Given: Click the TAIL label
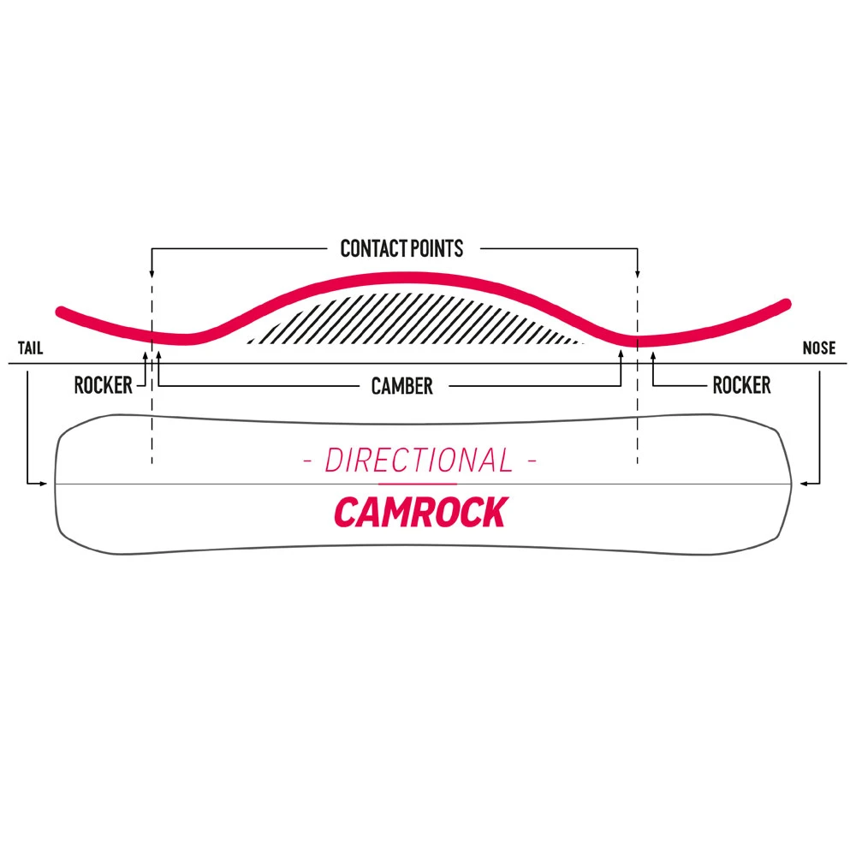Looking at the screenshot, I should point(29,349).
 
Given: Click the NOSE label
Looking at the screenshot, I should point(819,349).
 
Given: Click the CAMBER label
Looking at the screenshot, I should point(401,386).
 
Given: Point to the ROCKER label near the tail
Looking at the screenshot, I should point(103,385).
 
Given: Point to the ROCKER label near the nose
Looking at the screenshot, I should point(741,385).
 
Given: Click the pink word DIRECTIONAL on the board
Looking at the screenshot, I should point(419,461).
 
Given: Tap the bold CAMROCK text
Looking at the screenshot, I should point(419,512).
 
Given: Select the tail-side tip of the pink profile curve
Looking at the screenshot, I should point(60,311).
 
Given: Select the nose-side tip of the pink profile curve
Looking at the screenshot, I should point(785,302).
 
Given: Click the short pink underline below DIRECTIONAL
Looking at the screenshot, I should point(419,484).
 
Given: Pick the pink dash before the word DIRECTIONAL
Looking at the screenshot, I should point(307,463).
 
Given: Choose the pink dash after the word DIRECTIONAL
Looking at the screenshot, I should point(532,463).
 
